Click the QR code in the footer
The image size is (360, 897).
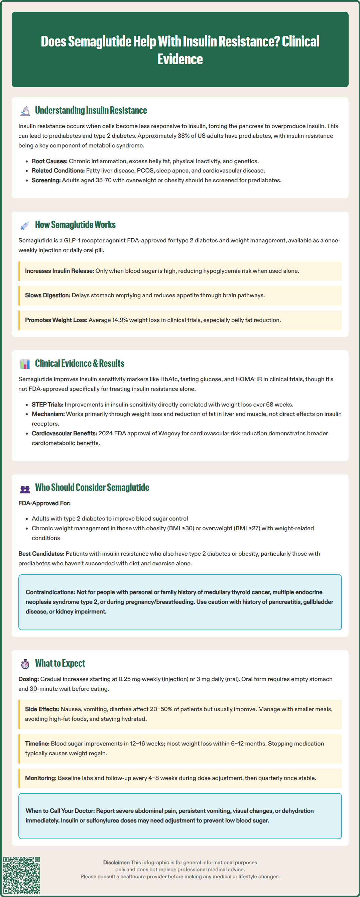(22, 875)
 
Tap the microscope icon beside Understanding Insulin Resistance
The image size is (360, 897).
(25, 111)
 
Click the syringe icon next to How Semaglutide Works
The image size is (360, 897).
(25, 225)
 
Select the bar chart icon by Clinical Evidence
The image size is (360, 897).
(25, 364)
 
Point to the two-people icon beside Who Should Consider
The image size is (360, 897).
(25, 488)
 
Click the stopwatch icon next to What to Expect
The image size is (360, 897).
(25, 664)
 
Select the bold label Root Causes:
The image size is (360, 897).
(49, 161)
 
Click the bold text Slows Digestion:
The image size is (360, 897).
(47, 295)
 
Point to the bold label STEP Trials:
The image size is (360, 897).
(47, 405)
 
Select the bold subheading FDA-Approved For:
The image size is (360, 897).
(44, 503)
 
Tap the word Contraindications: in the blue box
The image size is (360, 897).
(50, 592)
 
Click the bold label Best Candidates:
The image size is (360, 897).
(41, 554)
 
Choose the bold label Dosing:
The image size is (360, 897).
(28, 679)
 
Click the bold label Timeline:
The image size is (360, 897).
(37, 744)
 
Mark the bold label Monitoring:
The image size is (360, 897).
(40, 778)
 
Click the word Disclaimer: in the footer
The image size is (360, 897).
(116, 863)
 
